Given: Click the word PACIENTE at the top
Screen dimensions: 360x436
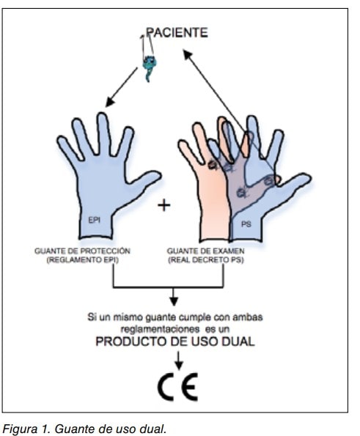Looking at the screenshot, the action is click(177, 32).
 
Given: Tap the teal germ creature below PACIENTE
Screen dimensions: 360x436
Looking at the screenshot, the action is click(150, 67).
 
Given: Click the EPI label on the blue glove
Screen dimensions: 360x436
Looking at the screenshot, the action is click(94, 220).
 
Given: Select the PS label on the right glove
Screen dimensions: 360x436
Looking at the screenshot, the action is click(246, 223).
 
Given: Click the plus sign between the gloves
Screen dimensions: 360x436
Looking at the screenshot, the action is click(164, 205).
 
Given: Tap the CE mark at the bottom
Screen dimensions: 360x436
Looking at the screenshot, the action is click(178, 387).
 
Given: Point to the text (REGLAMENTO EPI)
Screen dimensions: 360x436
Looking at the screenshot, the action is click(82, 260).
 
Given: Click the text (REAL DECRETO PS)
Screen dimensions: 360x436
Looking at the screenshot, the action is click(205, 260).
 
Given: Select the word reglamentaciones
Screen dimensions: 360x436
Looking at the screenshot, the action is click(160, 330).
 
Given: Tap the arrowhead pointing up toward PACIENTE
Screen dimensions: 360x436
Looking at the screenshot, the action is click(188, 54).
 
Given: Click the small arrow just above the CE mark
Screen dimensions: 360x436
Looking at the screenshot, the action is click(179, 361).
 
